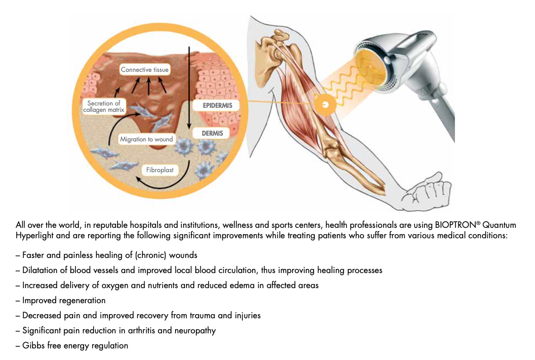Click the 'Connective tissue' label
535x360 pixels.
click(x=144, y=70)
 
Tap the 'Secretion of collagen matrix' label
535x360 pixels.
click(x=104, y=107)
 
